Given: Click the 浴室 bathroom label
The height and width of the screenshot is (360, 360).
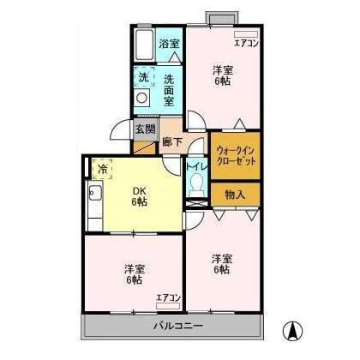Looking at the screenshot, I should (169, 44).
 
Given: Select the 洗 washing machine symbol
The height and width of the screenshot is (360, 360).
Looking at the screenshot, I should (143, 75).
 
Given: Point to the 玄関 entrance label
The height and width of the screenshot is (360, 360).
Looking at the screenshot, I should (144, 130).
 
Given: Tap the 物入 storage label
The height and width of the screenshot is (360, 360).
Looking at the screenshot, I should (235, 195).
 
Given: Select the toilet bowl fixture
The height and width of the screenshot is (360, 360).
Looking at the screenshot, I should (196, 183).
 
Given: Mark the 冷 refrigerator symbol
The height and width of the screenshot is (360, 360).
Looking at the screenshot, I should (102, 169).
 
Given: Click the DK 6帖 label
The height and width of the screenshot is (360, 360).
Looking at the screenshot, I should (139, 196).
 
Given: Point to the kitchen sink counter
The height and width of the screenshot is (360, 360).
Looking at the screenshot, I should (93, 206).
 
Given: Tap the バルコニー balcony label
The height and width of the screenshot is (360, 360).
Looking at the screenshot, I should (177, 326).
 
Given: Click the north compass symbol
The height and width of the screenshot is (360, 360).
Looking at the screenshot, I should (292, 329).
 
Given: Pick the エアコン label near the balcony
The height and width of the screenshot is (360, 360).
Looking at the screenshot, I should (167, 297).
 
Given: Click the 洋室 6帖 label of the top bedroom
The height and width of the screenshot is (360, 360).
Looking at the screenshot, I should (222, 76).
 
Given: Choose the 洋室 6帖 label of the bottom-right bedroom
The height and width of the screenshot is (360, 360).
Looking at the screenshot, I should (222, 264).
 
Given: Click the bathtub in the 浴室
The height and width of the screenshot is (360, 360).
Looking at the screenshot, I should (143, 45).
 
